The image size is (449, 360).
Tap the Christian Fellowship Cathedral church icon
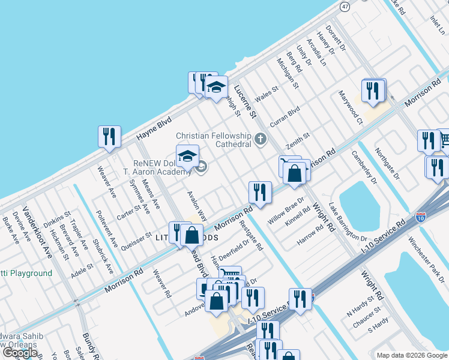260,139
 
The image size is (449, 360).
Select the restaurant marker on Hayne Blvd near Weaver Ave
109,137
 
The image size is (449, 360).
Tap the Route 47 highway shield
345,6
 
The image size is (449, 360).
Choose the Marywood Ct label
351,107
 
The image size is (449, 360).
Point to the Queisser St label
137,239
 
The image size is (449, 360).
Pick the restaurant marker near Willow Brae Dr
260,193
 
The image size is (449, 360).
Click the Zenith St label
297,140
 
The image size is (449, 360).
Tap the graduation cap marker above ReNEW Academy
187,155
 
